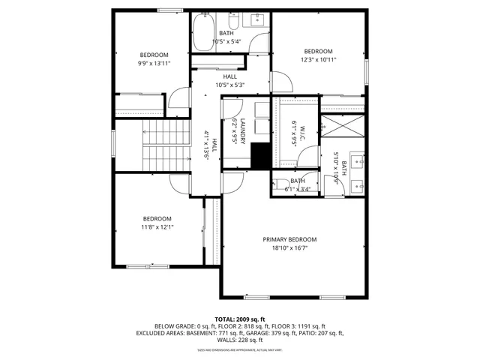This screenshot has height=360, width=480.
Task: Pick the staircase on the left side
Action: click(159, 147)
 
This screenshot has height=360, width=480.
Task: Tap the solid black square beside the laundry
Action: click(259, 156)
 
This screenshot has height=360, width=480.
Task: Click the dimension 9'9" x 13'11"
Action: click(154, 63)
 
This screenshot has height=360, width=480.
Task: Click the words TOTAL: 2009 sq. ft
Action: click(239, 318)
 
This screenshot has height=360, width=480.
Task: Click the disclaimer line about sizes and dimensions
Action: click(239, 349)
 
